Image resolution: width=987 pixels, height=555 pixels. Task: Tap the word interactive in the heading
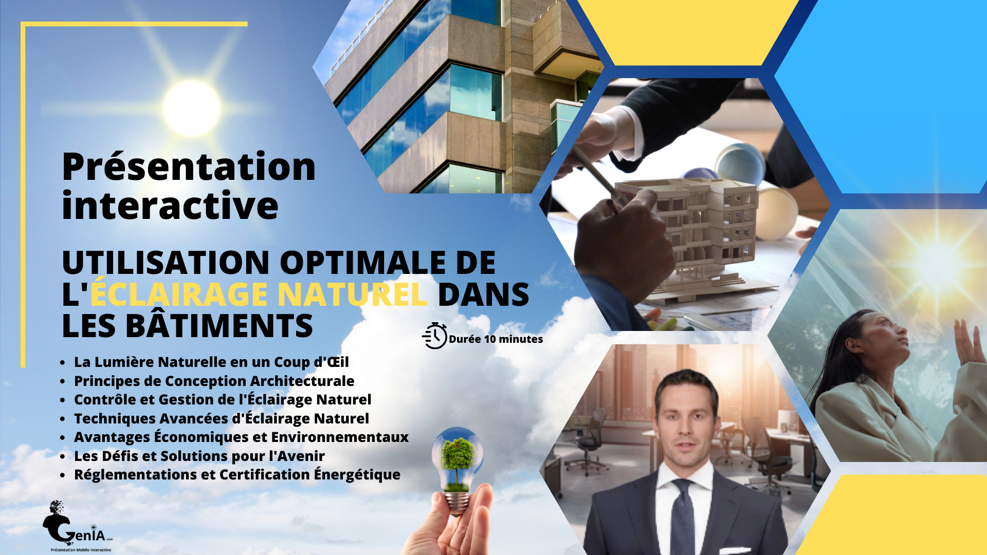170,205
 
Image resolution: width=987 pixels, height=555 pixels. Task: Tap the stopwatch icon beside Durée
434,336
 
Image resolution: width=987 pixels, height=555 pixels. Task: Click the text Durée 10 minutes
496,339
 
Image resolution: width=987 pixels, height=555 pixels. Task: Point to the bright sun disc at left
191,108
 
